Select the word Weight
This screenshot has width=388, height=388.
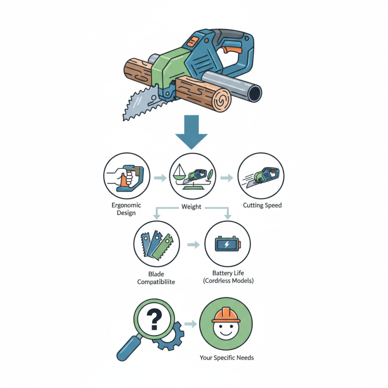191,207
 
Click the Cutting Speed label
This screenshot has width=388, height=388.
262,205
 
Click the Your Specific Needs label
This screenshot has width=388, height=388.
226,358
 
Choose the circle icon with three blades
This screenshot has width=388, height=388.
156,244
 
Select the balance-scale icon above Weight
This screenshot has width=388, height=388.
193,178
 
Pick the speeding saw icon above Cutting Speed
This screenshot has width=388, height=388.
261,177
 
